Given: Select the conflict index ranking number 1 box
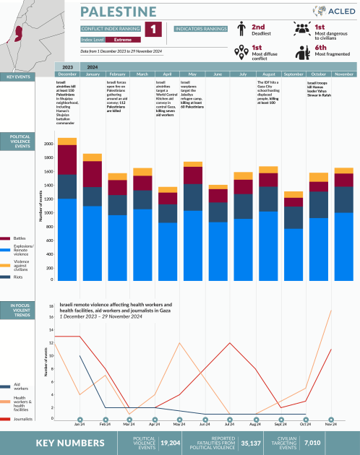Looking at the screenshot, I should [153, 30].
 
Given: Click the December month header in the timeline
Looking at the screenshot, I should [67, 74].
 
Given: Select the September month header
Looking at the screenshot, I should [293, 74].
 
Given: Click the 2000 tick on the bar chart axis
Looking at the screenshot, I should [48, 144].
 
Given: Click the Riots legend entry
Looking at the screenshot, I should [18, 276].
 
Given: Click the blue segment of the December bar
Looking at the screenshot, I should [67, 238].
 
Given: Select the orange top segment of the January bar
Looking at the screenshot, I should [93, 157].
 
